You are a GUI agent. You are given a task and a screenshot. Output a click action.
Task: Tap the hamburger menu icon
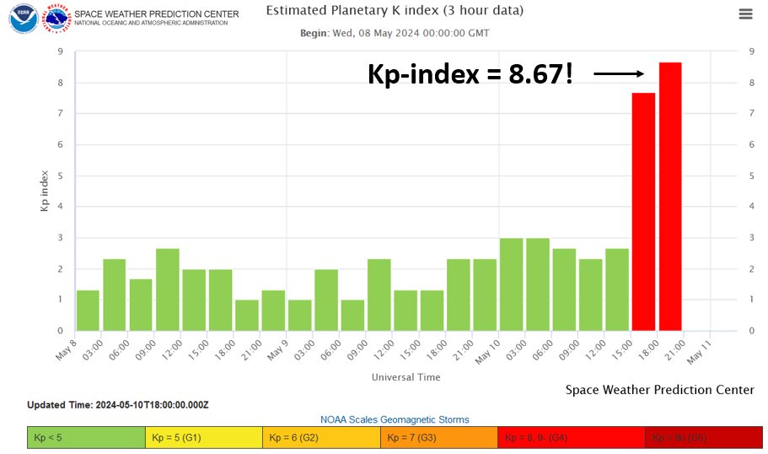(x=745, y=14)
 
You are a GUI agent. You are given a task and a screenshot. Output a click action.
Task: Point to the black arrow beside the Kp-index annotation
(x=619, y=74)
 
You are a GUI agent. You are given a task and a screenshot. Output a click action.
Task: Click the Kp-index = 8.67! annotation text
(x=470, y=75)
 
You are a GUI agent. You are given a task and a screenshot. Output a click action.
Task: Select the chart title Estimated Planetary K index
(x=395, y=11)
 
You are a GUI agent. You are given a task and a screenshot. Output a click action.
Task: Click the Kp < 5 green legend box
(x=86, y=438)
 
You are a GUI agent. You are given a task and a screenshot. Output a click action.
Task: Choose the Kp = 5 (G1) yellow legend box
(x=204, y=438)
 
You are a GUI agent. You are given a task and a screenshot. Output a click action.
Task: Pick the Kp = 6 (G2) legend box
(x=321, y=438)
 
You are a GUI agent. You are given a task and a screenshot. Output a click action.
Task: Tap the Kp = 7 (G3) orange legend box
(x=439, y=438)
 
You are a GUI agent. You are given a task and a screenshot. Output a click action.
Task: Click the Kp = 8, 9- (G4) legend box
(x=572, y=438)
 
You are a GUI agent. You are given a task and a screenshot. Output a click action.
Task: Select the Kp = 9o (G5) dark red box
(x=703, y=438)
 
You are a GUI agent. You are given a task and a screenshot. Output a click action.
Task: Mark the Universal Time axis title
(x=405, y=377)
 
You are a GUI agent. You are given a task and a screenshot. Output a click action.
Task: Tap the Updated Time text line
(x=118, y=405)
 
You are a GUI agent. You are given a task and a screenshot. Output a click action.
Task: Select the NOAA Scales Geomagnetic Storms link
(x=395, y=419)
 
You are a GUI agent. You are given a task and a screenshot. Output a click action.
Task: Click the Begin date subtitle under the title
(x=395, y=33)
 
